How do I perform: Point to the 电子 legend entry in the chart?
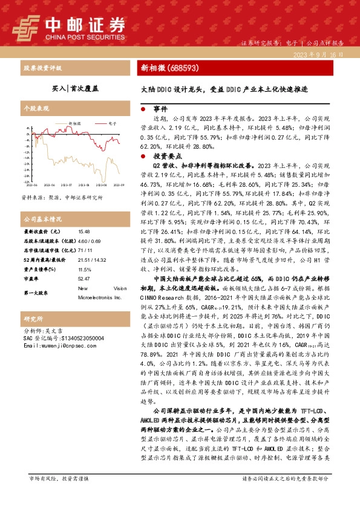coord(113,122)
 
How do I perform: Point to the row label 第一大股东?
coord(36,293)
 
